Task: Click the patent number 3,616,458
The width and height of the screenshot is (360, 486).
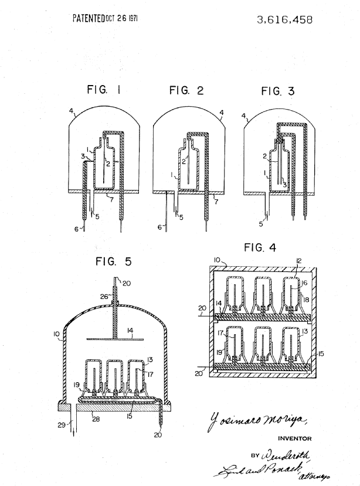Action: [284, 19]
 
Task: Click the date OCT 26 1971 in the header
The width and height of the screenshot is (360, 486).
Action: [123, 18]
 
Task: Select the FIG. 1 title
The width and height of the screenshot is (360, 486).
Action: [103, 90]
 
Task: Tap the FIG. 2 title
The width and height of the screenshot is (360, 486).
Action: [186, 90]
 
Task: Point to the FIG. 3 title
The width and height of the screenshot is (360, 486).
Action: [280, 91]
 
